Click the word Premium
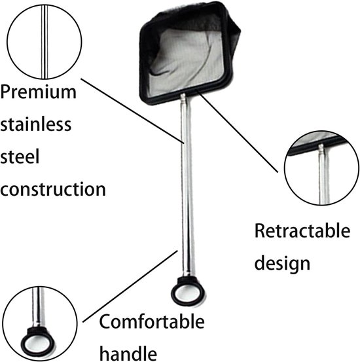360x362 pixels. [38, 92]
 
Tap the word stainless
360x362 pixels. [35, 124]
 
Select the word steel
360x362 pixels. [20, 156]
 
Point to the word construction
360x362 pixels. [53, 189]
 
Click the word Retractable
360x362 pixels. [302, 230]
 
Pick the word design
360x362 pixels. [282, 264]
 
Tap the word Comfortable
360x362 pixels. [152, 321]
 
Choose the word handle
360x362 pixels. [128, 353]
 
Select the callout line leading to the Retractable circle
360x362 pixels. [238, 132]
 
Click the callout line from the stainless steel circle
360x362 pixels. [133, 111]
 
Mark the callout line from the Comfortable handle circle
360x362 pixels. [130, 286]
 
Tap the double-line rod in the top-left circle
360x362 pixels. [45, 42]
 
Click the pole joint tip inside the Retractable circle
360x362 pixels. [321, 149]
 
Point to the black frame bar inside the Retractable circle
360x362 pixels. [319, 145]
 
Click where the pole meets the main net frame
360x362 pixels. [183, 95]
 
